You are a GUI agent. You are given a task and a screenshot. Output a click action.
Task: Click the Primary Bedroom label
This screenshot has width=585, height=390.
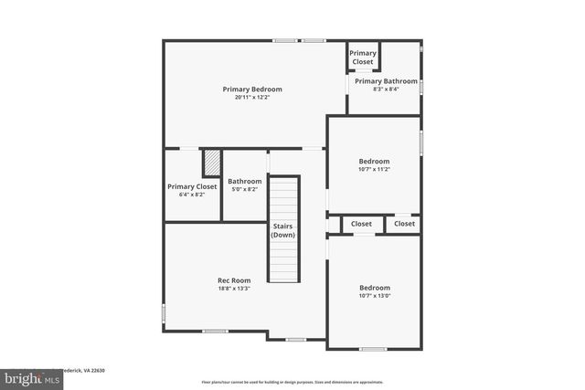[x=252, y=90]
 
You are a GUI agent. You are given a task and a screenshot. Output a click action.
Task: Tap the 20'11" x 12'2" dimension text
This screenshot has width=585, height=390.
[x=252, y=98]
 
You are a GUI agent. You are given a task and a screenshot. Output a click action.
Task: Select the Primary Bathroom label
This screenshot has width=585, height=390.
[x=386, y=81]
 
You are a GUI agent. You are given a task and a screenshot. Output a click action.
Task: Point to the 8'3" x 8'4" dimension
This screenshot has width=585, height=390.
[x=386, y=90]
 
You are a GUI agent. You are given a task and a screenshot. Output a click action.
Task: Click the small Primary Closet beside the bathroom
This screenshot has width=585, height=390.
[x=363, y=58]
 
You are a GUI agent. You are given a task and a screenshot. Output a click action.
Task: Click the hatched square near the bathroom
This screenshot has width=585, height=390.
[x=212, y=163]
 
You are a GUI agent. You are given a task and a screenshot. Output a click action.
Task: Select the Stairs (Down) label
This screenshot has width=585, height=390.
[x=282, y=230]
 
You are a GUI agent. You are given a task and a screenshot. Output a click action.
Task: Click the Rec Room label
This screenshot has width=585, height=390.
[x=234, y=280]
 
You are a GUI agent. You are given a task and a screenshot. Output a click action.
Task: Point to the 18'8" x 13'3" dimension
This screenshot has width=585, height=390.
[x=234, y=289]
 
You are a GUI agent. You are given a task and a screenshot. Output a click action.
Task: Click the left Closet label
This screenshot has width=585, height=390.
[x=362, y=224]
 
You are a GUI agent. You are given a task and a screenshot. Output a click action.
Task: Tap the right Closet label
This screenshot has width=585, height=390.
[x=404, y=224]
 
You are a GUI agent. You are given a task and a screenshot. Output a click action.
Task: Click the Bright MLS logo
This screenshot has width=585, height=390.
[x=27, y=377]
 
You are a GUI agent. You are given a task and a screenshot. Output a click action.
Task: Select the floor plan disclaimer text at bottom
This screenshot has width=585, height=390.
[x=292, y=382]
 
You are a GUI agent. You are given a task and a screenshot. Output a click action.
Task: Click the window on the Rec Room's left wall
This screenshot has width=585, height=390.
[x=165, y=312]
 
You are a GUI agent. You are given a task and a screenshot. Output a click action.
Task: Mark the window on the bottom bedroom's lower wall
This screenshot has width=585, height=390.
[x=372, y=348]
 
